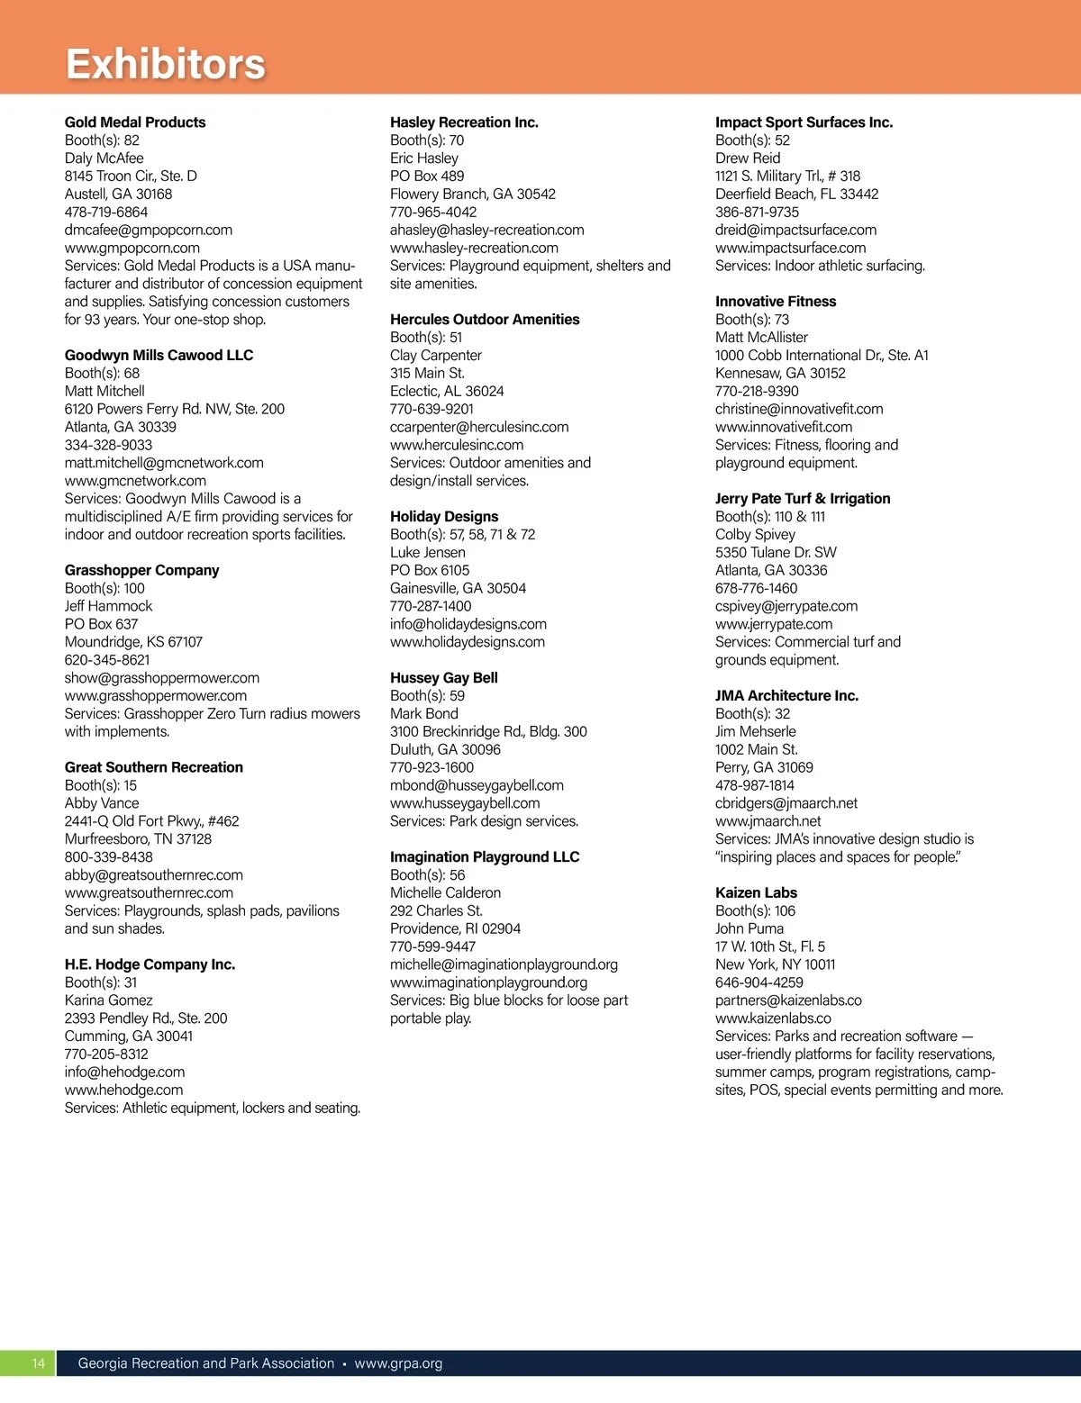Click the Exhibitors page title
point(166,64)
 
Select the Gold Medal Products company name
point(135,122)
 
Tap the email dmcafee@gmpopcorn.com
point(149,230)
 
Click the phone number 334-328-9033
point(108,445)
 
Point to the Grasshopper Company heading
point(141,570)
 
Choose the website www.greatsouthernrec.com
point(149,892)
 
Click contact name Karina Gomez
point(108,1000)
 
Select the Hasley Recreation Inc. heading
point(464,122)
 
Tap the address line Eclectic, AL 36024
point(447,391)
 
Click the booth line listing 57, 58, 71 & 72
point(462,534)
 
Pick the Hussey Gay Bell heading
point(443,678)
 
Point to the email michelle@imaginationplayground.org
point(504,964)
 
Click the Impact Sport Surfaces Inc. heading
point(804,122)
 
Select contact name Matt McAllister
point(761,337)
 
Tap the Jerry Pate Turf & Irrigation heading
point(803,499)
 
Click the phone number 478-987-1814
point(755,785)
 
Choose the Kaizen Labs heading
point(756,892)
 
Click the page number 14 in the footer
point(38,1363)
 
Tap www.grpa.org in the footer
point(398,1363)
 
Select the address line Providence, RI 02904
point(455,928)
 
